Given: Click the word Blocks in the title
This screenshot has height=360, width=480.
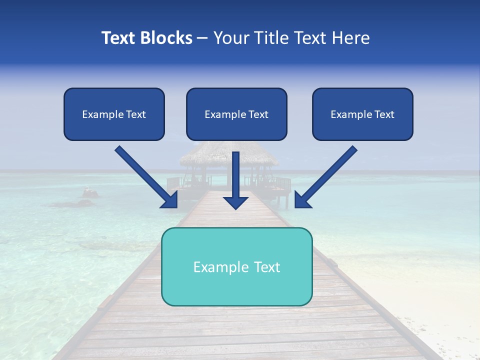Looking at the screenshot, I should (166, 38).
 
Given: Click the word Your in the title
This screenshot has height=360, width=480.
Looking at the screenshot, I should (232, 38).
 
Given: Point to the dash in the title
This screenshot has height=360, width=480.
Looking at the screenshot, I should (202, 38).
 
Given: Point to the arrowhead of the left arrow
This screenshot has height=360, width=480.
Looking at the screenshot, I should (170, 200).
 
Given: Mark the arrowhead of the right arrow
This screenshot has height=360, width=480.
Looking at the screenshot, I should (301, 200).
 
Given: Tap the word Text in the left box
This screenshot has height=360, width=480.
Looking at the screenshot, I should (135, 114).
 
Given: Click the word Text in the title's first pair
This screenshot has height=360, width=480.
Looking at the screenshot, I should (120, 38).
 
